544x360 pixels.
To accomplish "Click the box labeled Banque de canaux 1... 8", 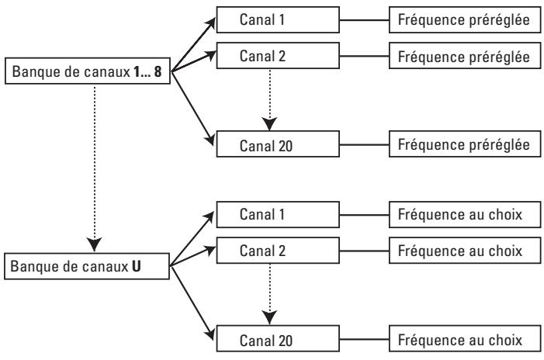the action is (88, 71).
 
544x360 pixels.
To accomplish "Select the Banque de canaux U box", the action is (87, 266).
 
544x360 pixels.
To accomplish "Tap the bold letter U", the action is (137, 266).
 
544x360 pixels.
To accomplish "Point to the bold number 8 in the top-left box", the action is (158, 71).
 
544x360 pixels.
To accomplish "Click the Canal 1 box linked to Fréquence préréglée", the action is (278, 19).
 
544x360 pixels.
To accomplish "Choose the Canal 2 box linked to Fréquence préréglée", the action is (278, 56).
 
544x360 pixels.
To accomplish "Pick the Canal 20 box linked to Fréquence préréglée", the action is (278, 144).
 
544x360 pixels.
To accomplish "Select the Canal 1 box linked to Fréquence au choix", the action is (278, 215).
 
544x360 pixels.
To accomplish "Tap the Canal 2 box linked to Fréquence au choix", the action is (278, 251).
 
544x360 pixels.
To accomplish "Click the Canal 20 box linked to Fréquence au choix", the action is (278, 339).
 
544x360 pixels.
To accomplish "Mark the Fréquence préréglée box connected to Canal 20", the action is (465, 144).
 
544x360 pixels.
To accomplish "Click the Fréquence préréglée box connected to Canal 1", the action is (465, 19).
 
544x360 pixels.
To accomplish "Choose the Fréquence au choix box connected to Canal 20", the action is (465, 339).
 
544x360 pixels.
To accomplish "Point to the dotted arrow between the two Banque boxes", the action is (95, 169).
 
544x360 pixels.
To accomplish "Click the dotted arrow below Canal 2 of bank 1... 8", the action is (269, 100).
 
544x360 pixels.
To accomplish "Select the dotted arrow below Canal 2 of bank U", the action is (269, 295).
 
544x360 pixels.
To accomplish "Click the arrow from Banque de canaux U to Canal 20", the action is (193, 303).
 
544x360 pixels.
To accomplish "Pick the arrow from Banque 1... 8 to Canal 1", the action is (193, 44).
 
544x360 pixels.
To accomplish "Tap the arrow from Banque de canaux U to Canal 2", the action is (193, 256).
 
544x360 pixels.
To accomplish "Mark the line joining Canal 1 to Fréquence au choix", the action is (364, 215).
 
